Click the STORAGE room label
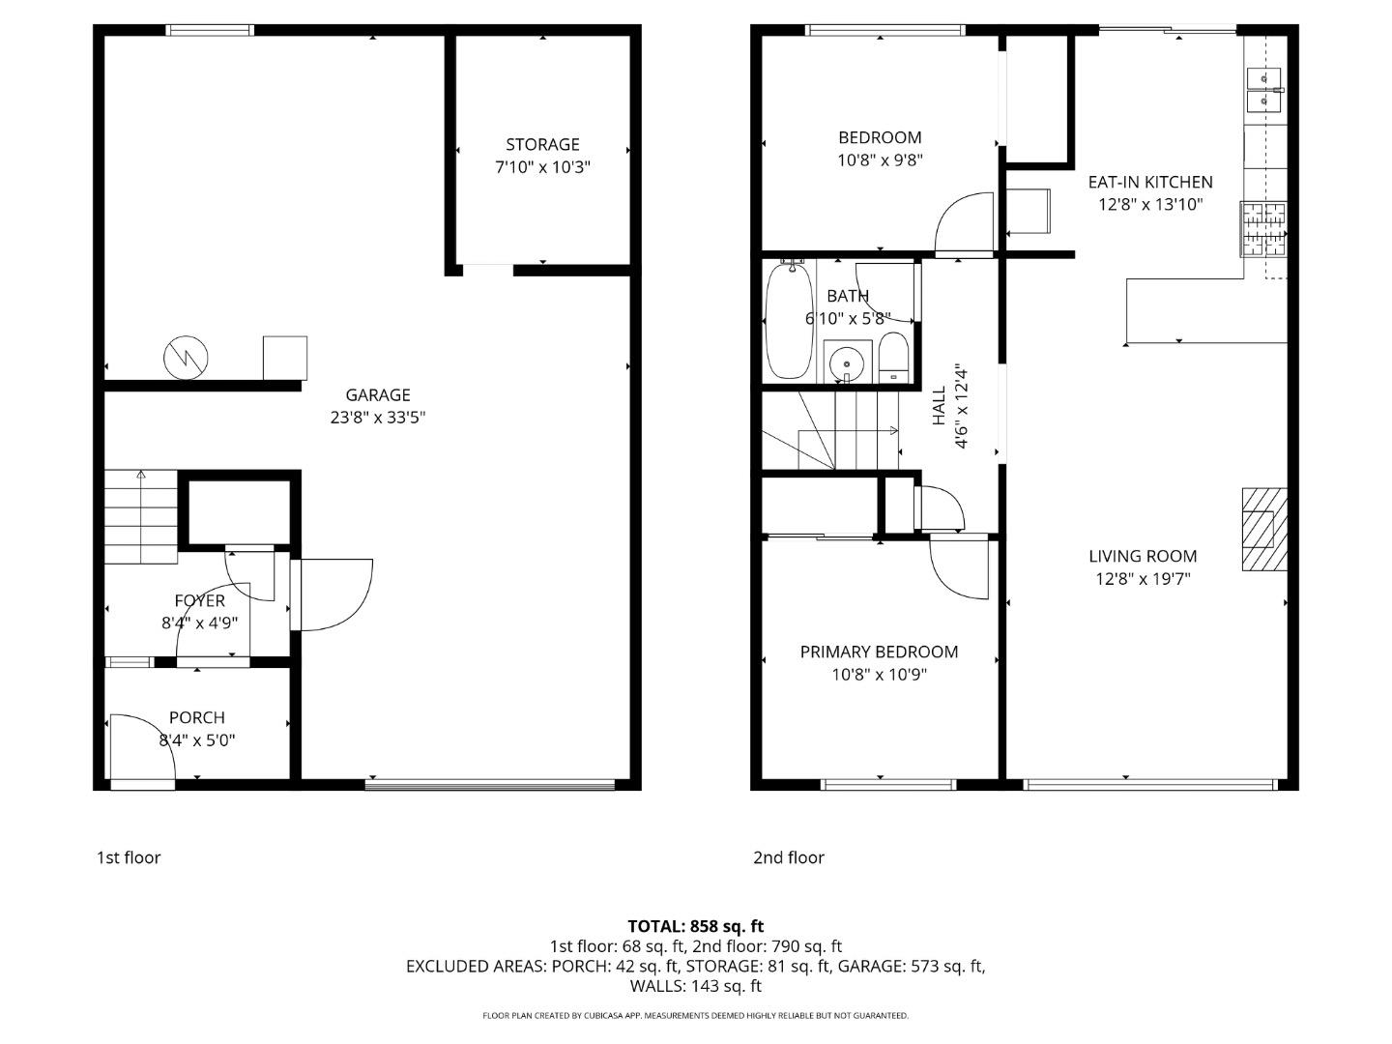click(x=542, y=145)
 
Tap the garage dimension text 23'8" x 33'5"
click(x=378, y=418)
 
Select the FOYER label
click(x=199, y=601)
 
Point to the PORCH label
click(x=197, y=717)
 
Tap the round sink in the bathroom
click(x=848, y=362)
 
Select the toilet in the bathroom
click(x=894, y=359)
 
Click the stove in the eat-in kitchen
click(x=1264, y=229)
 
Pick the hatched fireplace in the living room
click(x=1264, y=529)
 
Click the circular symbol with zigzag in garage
click(x=186, y=358)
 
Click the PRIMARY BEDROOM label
click(x=879, y=652)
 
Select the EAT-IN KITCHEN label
click(x=1150, y=182)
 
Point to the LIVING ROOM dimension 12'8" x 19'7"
click(x=1143, y=579)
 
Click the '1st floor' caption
click(x=129, y=857)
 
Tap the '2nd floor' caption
click(x=789, y=857)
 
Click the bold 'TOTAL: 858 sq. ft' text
click(x=696, y=926)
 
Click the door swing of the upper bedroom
click(x=965, y=222)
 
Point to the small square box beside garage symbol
click(x=285, y=358)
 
